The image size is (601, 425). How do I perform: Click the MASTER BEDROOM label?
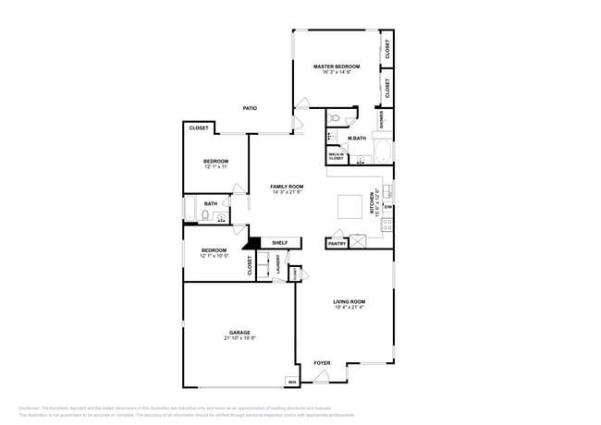coord(336,67)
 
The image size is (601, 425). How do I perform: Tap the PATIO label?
coord(250,108)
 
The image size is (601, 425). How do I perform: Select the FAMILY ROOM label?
coord(287,187)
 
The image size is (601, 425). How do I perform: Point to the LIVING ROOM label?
coord(350,301)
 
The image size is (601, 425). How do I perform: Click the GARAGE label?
coord(239,333)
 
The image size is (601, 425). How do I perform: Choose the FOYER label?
coord(322,363)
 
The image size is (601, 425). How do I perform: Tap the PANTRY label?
coord(336,244)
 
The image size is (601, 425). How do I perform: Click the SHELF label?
coord(279,243)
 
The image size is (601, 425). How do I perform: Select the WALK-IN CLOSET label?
coord(336,156)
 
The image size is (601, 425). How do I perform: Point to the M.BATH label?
coord(357,139)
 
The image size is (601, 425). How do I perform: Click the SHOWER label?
coord(381,118)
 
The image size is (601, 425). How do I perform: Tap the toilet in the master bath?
coord(336,118)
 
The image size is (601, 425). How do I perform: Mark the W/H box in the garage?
coord(292,382)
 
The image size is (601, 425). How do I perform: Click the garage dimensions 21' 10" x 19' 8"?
coord(239,339)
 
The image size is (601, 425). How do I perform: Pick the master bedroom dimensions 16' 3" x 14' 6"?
coord(336,73)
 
